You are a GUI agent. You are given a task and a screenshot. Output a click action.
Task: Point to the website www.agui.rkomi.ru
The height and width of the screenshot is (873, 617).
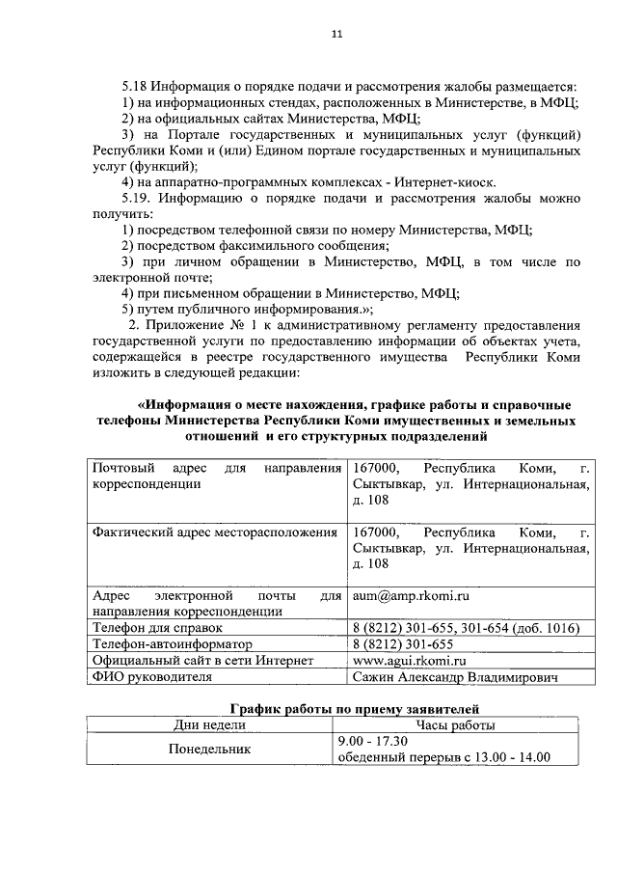(x=410, y=661)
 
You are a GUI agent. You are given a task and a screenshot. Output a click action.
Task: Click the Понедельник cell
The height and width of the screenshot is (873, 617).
(x=209, y=749)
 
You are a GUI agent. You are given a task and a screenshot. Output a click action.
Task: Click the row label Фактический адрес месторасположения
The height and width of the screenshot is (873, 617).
(x=214, y=532)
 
